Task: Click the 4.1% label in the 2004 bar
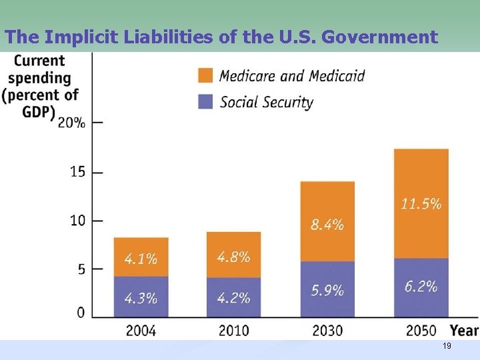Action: [x=141, y=259]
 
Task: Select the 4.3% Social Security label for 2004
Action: [x=141, y=297]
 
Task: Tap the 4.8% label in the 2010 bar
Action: [x=233, y=257]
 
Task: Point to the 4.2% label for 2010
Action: [x=233, y=297]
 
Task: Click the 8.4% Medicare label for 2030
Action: [x=327, y=225]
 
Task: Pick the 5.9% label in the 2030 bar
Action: [x=327, y=291]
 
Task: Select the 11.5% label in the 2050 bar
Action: [x=421, y=204]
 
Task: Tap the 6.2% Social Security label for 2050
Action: [x=421, y=287]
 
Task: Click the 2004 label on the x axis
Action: [x=141, y=330]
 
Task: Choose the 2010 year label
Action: [x=233, y=330]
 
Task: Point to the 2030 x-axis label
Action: [x=327, y=330]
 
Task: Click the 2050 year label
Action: [x=421, y=330]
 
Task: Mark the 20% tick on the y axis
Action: [x=71, y=123]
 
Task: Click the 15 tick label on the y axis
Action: [x=77, y=172]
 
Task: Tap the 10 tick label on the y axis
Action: [x=77, y=221]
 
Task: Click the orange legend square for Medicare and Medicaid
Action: [x=206, y=75]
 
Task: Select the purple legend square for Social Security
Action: [x=206, y=102]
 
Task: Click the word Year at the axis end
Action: [x=464, y=330]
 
